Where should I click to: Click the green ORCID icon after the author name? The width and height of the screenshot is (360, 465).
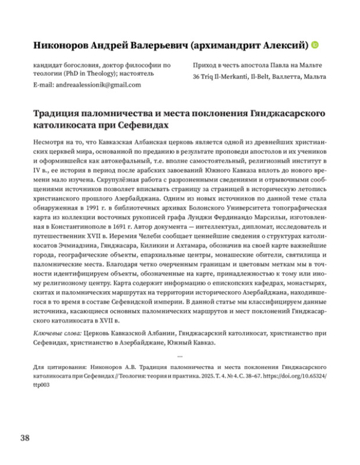pyautogui.click(x=315, y=44)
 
